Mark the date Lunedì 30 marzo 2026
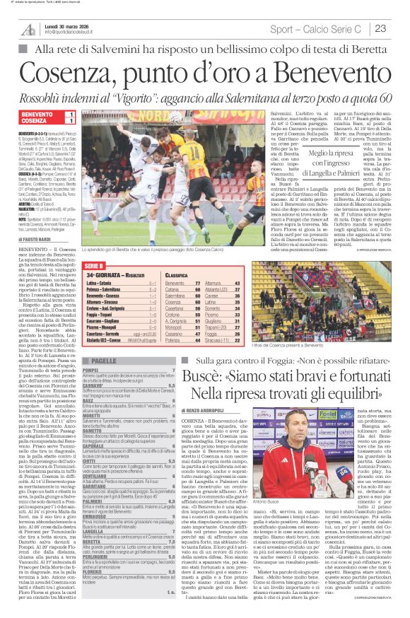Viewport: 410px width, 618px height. point(69,25)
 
